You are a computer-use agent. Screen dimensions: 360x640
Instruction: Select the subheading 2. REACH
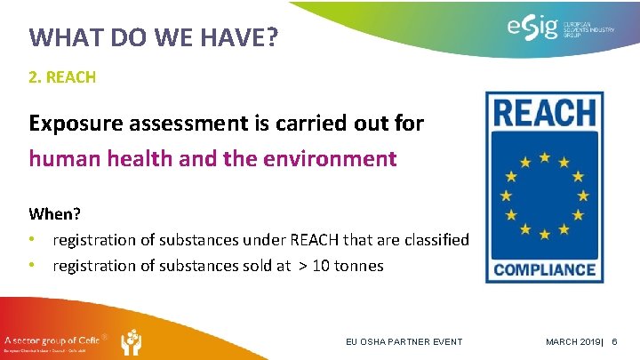coord(62,77)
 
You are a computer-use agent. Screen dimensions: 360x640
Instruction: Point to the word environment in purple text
coord(336,158)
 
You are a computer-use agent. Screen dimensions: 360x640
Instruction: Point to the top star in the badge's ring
coord(544,156)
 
